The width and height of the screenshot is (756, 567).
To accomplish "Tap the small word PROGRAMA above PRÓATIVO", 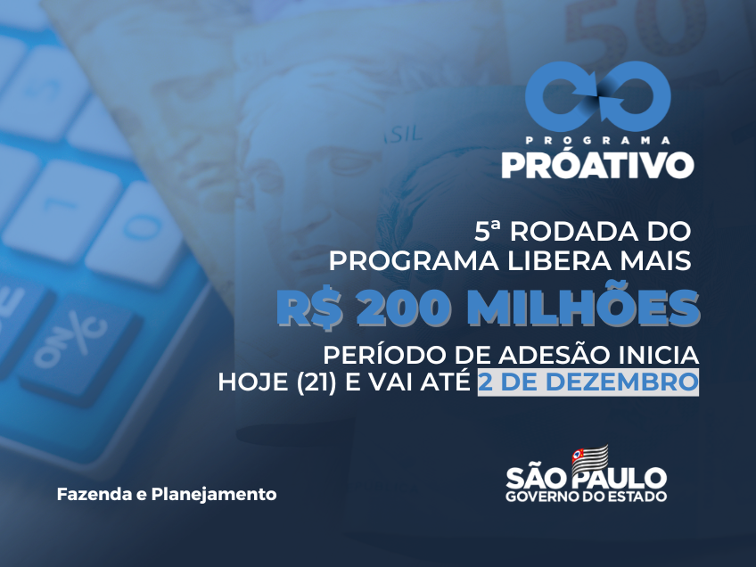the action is click(x=598, y=140).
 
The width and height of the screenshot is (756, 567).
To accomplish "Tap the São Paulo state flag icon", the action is click(x=589, y=459).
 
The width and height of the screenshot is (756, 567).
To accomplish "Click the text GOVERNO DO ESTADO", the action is click(x=587, y=496).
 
